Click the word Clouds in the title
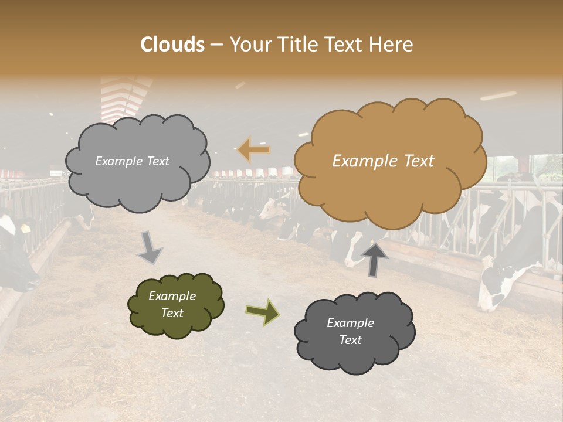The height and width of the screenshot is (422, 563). (172, 45)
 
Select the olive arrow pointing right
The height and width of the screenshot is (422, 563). (263, 311)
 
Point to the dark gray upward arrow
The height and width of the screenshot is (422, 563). (374, 260)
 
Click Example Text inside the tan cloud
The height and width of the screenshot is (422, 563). (383, 161)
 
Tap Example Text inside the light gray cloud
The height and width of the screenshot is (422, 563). (132, 161)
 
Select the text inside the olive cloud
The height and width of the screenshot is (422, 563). (172, 304)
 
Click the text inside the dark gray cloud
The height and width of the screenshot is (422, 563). (351, 331)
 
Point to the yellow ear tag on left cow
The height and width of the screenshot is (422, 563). (25, 229)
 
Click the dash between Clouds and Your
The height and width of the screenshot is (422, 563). (216, 45)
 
